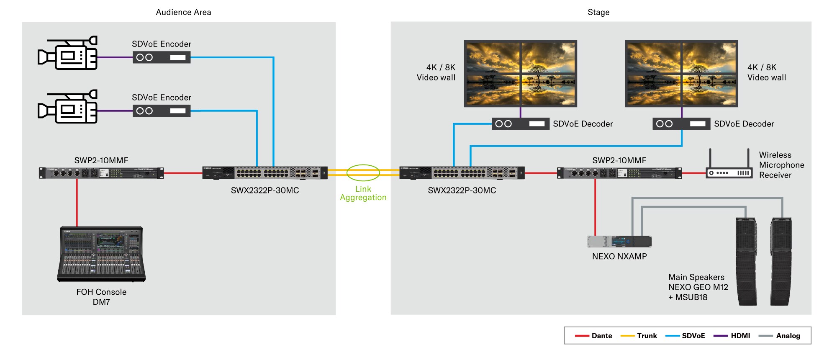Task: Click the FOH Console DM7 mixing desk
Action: click(x=101, y=254)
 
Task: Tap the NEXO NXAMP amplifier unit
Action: click(x=619, y=242)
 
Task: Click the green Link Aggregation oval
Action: click(x=363, y=172)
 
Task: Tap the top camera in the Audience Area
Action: click(x=68, y=53)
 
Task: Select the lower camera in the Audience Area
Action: click(x=68, y=107)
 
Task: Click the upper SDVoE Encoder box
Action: click(x=162, y=57)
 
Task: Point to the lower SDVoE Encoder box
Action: click(x=162, y=111)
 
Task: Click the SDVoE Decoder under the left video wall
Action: click(x=520, y=124)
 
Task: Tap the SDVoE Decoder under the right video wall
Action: click(x=681, y=124)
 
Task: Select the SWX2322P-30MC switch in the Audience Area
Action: click(x=265, y=173)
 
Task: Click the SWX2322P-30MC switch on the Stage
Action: click(x=462, y=173)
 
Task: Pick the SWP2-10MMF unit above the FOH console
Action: click(x=101, y=173)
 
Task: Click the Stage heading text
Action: click(x=598, y=12)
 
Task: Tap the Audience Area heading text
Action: click(x=183, y=12)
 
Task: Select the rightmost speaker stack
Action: click(x=781, y=261)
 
